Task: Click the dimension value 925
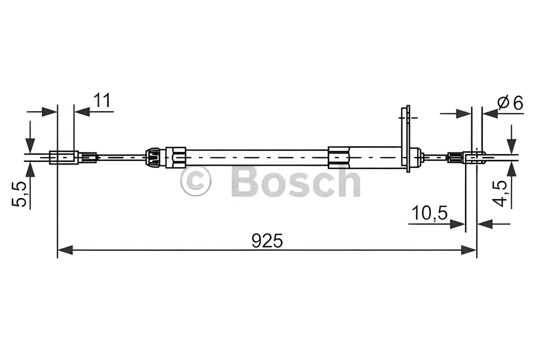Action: point(267,241)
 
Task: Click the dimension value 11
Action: point(102,100)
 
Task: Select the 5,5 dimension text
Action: point(19,194)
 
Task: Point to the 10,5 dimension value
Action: point(429,213)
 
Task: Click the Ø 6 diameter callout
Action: point(510,103)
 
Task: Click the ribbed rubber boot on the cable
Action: point(153,157)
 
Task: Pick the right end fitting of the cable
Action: point(475,157)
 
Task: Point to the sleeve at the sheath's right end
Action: point(339,157)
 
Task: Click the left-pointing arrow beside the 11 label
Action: point(82,112)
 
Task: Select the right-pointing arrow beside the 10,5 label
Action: point(457,224)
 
